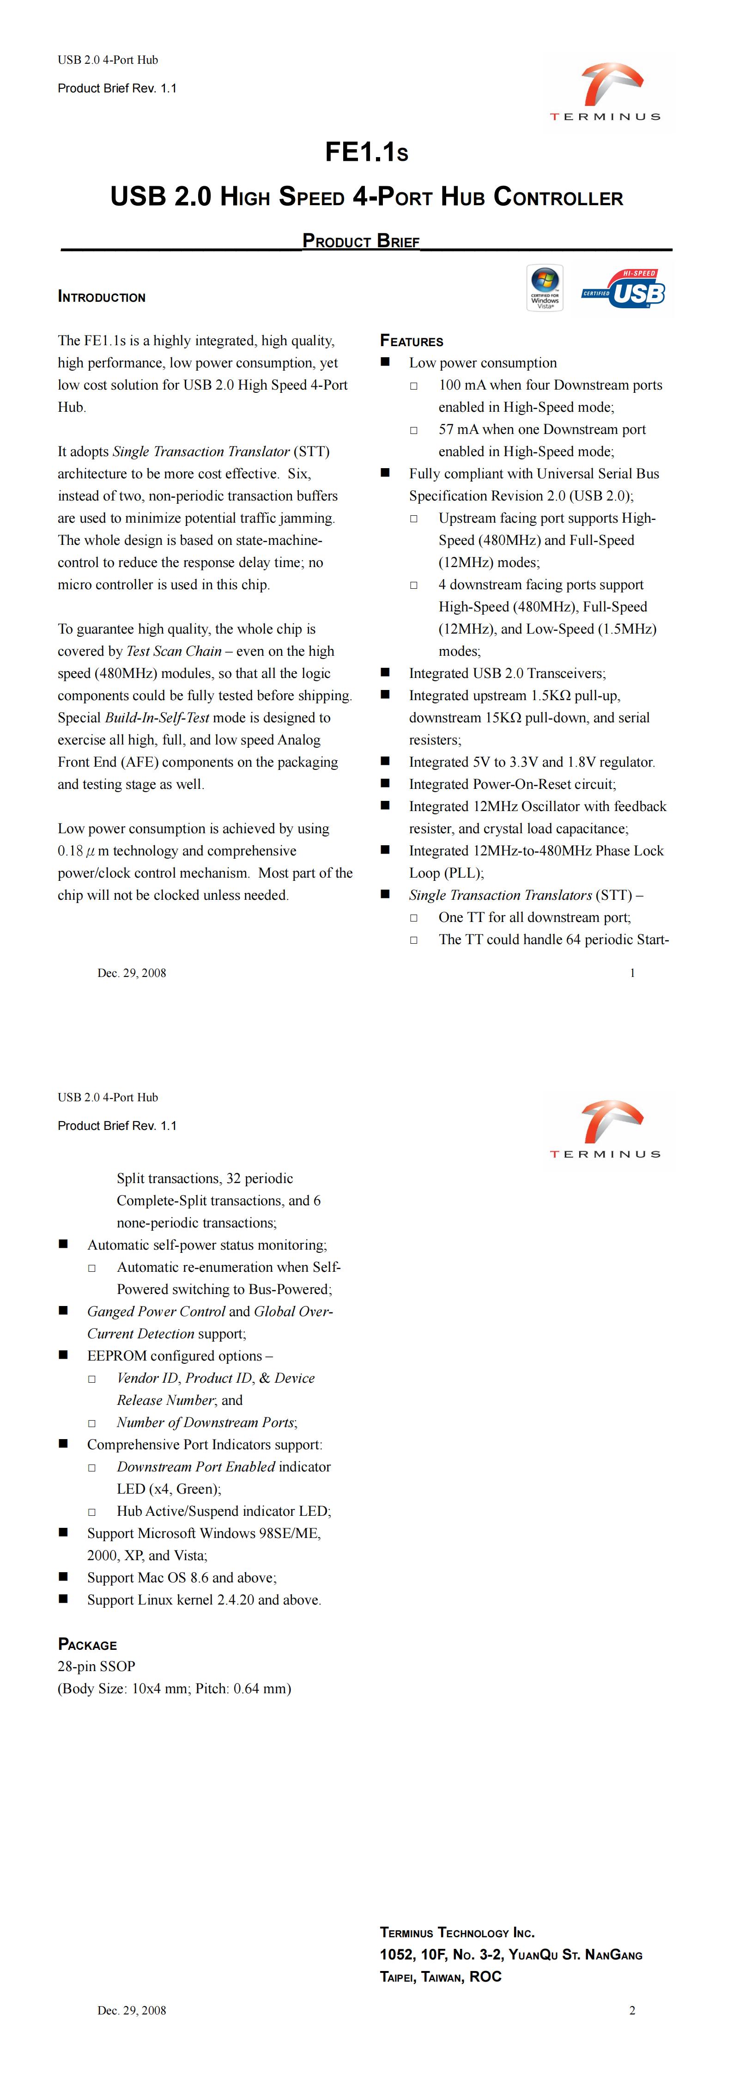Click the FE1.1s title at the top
(x=367, y=152)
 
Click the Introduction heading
(x=102, y=297)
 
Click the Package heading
(x=87, y=1644)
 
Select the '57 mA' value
(x=458, y=429)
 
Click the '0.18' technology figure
(x=70, y=851)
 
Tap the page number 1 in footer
(x=632, y=973)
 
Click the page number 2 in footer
(x=632, y=2010)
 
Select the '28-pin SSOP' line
(x=97, y=1666)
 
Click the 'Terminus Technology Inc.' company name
(x=457, y=1932)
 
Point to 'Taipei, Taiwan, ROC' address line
(x=441, y=1977)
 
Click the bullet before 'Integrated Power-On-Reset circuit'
(x=385, y=783)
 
